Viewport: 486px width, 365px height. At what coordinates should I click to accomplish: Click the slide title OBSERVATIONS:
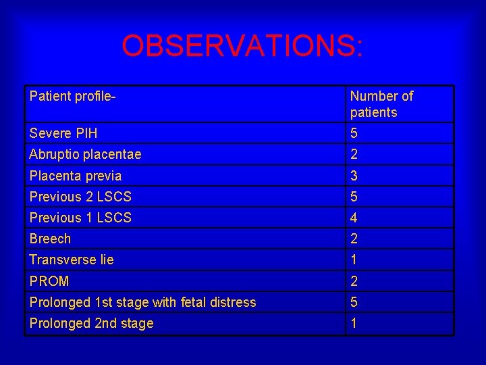(x=242, y=46)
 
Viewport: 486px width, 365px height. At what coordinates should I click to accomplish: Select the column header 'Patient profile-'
(x=73, y=96)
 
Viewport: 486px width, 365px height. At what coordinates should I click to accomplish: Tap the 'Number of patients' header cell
(x=381, y=104)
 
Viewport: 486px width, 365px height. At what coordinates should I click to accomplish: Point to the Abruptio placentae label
(x=85, y=154)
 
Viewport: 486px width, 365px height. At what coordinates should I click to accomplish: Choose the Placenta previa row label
(x=75, y=176)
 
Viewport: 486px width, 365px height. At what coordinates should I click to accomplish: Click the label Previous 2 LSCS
(x=80, y=197)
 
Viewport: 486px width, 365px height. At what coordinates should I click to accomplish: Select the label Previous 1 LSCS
(x=80, y=218)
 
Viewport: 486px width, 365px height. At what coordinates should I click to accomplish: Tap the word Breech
(x=50, y=239)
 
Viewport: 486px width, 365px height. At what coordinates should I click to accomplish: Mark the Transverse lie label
(x=72, y=260)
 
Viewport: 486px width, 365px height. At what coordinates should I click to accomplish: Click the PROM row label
(x=49, y=281)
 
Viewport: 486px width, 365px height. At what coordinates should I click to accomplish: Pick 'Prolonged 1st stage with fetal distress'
(x=142, y=302)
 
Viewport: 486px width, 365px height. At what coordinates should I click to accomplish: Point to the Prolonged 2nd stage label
(x=91, y=323)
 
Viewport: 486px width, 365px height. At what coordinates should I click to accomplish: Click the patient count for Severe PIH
(x=354, y=133)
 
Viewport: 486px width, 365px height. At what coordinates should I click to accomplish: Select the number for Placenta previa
(x=354, y=176)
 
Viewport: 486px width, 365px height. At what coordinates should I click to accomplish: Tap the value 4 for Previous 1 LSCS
(x=354, y=218)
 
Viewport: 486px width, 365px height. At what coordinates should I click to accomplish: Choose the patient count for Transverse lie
(x=354, y=260)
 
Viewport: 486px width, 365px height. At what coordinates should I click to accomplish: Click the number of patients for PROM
(x=354, y=281)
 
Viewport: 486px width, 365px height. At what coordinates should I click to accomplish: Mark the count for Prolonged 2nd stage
(x=354, y=323)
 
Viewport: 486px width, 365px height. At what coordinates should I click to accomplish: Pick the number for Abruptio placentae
(x=354, y=155)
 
